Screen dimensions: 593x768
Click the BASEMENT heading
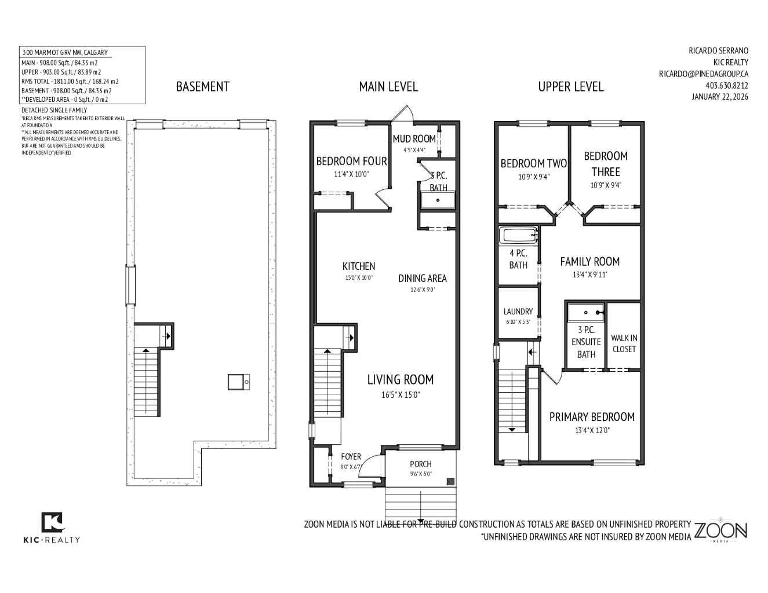[202, 87]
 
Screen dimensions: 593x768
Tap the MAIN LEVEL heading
[388, 87]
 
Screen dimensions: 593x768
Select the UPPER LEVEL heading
[570, 87]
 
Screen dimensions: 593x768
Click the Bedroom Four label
[351, 162]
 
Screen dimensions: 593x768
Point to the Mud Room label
[414, 139]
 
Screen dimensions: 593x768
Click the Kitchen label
[358, 266]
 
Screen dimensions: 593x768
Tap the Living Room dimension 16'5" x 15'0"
[400, 396]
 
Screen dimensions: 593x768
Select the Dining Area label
[422, 279]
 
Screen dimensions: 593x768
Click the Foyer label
[351, 457]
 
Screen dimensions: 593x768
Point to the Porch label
[420, 464]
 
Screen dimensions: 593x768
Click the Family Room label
[589, 262]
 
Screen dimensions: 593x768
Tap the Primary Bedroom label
[591, 417]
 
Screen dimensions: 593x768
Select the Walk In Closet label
[624, 343]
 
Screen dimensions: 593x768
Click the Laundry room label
[518, 312]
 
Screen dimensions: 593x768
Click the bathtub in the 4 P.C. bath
[519, 235]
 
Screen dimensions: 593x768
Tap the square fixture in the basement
[238, 382]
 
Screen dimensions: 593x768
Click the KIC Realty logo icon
[52, 522]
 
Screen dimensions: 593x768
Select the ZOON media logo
[720, 530]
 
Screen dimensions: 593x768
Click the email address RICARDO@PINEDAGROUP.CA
[703, 74]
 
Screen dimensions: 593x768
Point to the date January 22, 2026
[719, 97]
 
